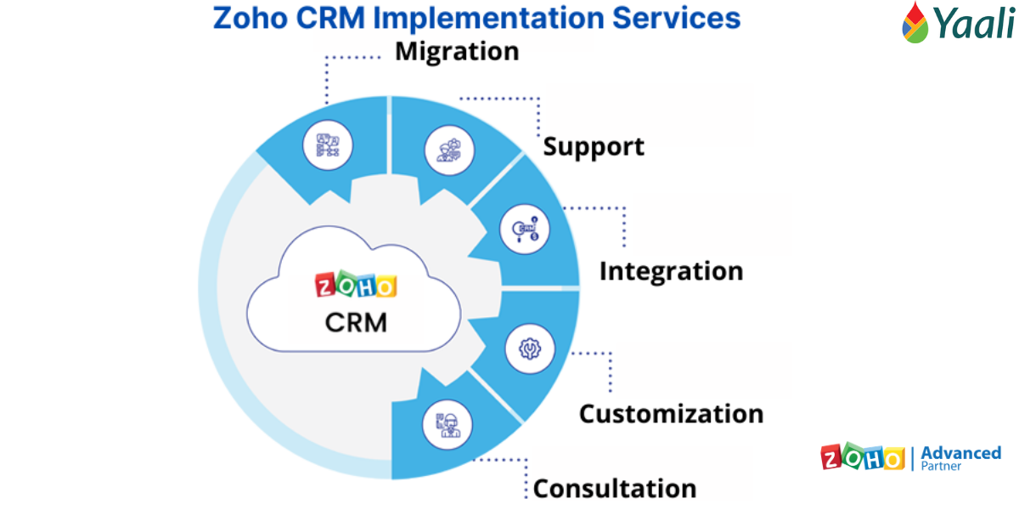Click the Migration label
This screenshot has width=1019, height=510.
(457, 51)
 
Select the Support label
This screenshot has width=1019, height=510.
(594, 146)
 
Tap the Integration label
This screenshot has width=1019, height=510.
(671, 271)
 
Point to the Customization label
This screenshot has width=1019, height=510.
(671, 414)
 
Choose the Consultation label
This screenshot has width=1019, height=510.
(615, 489)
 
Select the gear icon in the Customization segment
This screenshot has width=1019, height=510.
(529, 348)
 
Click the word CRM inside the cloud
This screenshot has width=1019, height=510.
(356, 323)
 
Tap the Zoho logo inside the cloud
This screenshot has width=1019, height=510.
(356, 286)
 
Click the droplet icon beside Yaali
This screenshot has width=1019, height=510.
(915, 23)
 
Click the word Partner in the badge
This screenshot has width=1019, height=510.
(942, 467)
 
